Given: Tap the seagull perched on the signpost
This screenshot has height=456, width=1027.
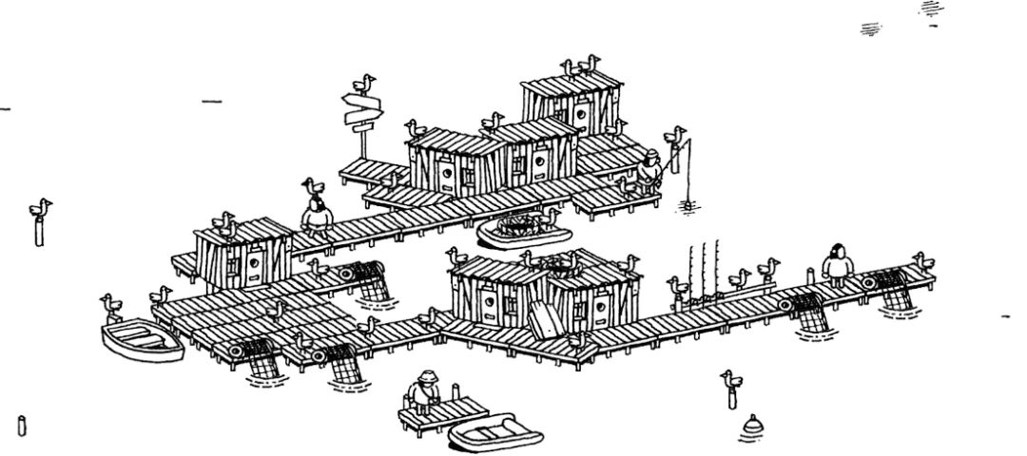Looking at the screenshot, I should pos(362,84).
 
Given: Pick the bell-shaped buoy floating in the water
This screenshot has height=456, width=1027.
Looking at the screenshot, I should pos(753,426).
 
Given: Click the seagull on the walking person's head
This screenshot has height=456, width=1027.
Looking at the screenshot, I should pos(314,186).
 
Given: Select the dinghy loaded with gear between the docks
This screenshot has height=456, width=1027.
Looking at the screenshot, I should pos(518,231).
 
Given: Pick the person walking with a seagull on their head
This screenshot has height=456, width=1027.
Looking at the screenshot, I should pos(316,217).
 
